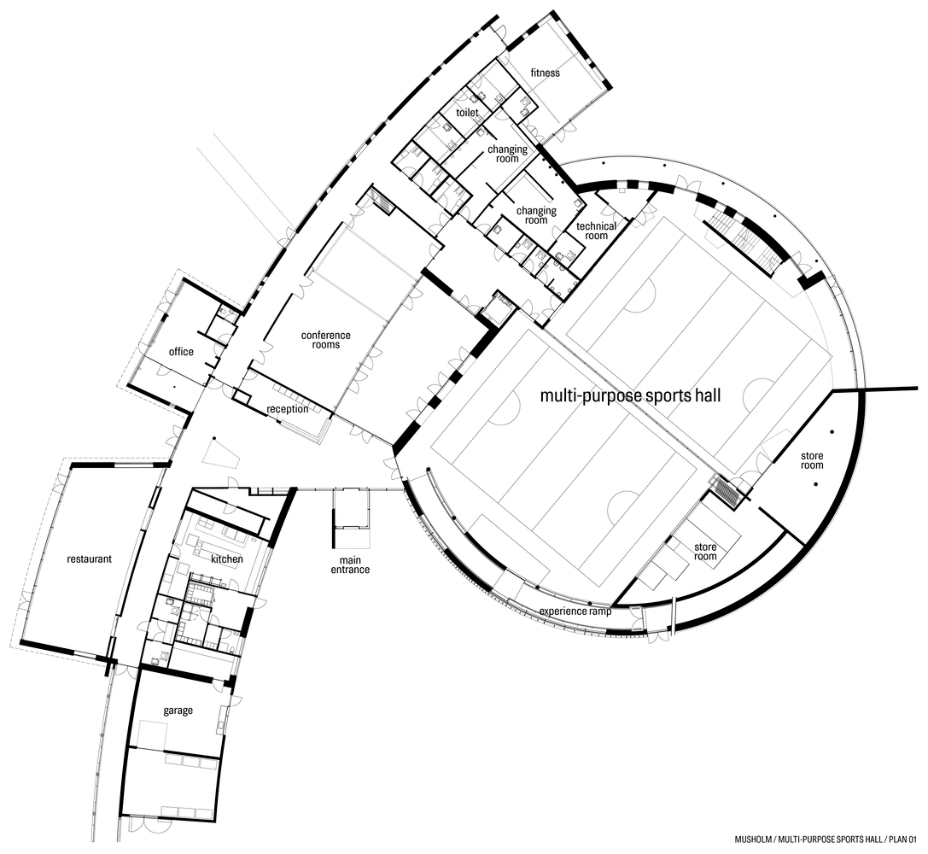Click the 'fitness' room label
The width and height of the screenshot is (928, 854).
click(x=545, y=73)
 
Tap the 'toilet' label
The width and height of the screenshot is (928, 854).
click(x=467, y=113)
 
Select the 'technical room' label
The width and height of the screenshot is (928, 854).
click(x=596, y=231)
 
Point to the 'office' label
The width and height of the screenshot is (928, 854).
click(x=181, y=352)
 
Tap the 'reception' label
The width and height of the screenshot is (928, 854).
click(x=287, y=409)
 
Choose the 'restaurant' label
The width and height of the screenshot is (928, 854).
click(x=90, y=560)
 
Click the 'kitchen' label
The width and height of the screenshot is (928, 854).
click(x=227, y=559)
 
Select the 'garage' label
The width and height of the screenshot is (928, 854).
click(x=178, y=711)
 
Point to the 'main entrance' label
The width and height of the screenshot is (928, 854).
click(x=352, y=564)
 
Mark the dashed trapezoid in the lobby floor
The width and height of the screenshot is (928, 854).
click(x=217, y=453)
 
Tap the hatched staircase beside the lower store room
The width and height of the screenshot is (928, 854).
click(x=727, y=491)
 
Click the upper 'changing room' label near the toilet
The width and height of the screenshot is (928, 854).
click(x=508, y=154)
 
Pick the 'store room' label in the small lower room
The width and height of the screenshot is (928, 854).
click(x=705, y=551)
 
